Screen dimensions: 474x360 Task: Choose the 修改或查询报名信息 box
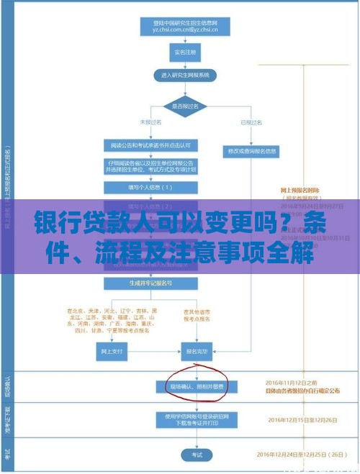coord(253,152)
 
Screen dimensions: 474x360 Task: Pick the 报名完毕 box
coord(197,352)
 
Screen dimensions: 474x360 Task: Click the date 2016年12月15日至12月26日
coord(301,420)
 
